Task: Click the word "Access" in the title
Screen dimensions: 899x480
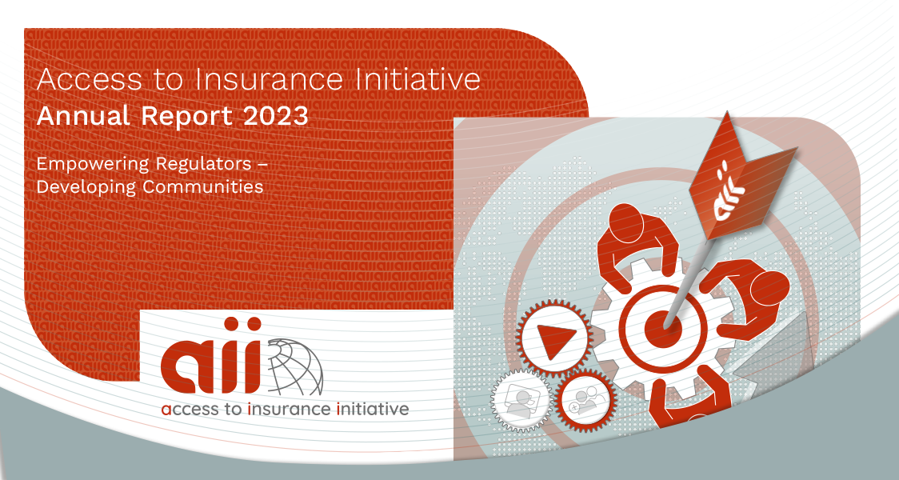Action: coord(89,79)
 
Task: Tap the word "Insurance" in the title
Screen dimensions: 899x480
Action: coord(269,79)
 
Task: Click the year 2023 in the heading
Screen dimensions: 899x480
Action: coord(276,116)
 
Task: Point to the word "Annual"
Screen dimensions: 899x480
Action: coord(83,116)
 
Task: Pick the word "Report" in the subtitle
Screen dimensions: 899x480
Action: coord(187,117)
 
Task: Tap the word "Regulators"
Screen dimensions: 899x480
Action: coord(203,164)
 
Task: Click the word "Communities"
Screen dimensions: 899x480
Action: coord(203,187)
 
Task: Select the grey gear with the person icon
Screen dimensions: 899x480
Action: coord(521,400)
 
